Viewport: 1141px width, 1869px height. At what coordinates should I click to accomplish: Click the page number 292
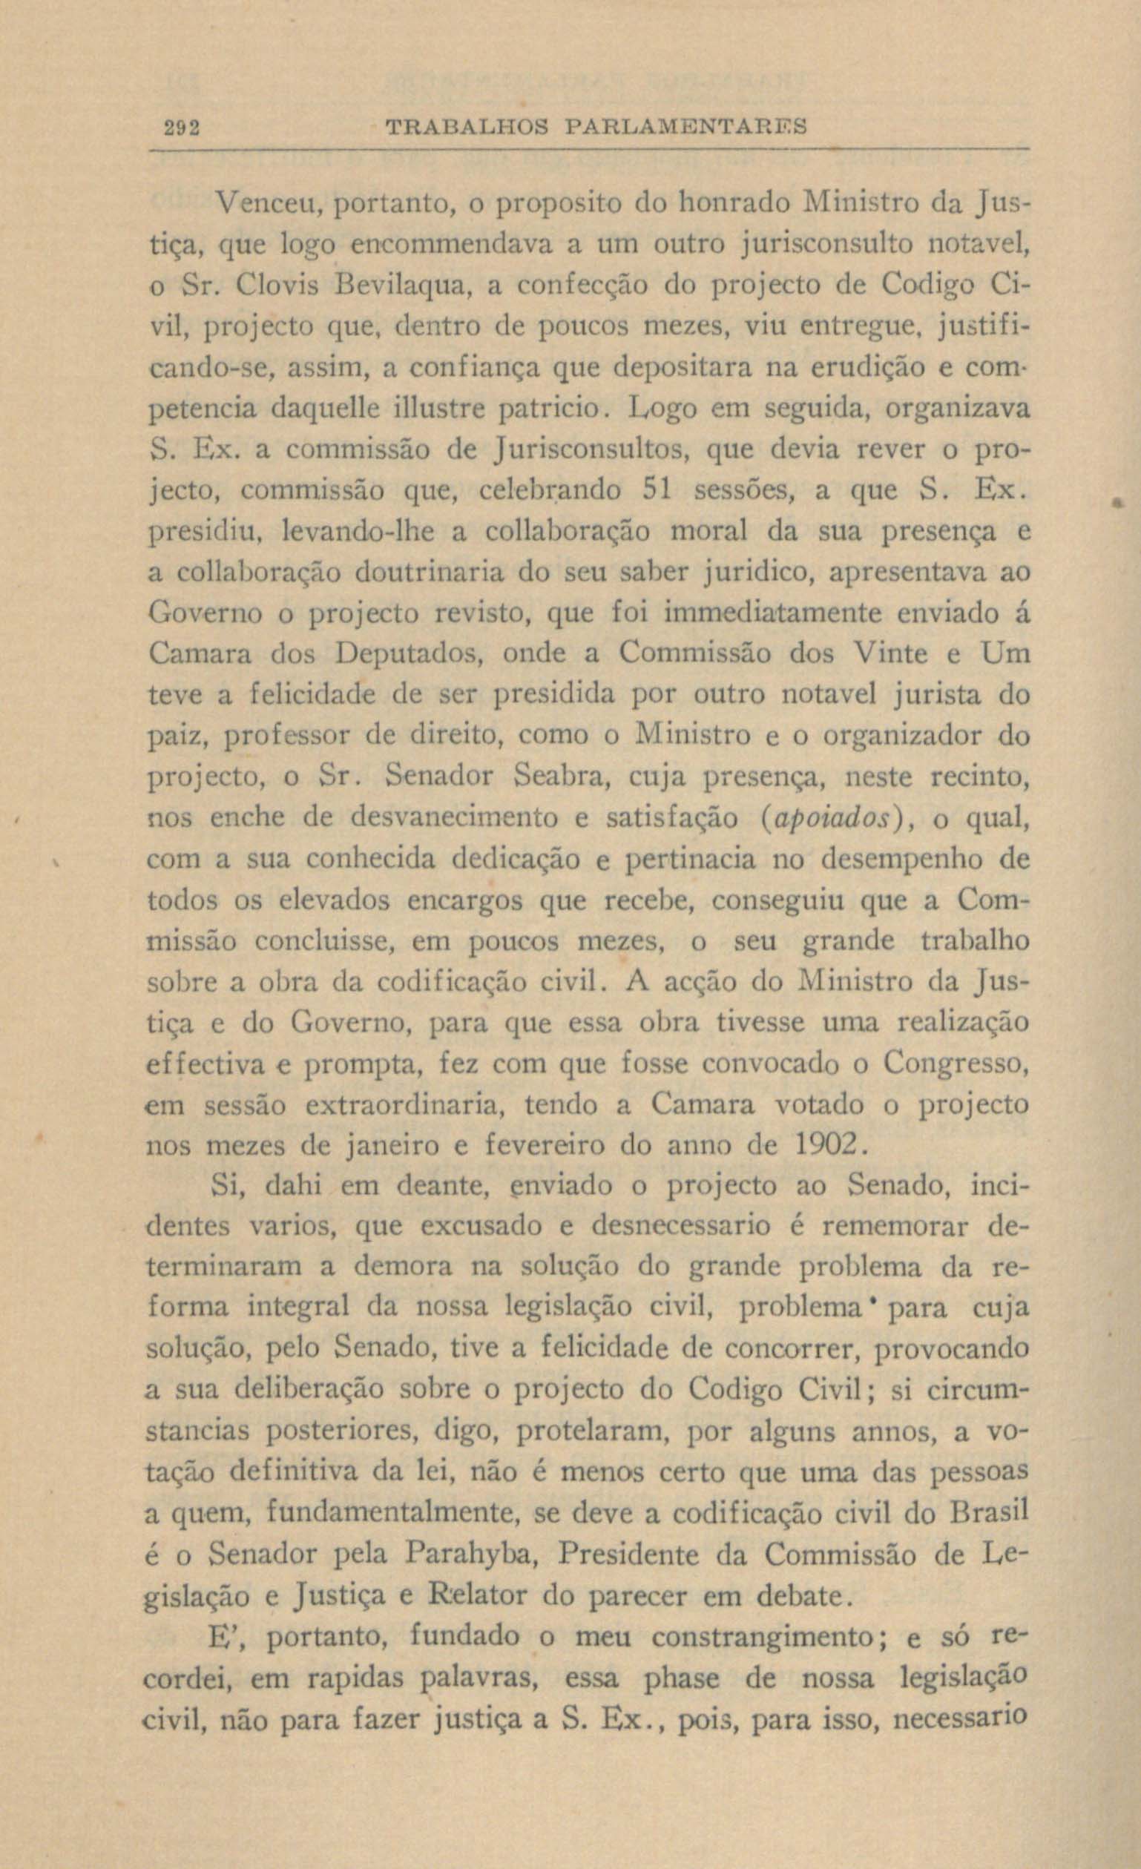(182, 127)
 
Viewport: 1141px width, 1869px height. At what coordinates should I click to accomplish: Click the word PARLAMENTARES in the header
(686, 127)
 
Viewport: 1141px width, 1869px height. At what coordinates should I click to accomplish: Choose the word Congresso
(956, 1064)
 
